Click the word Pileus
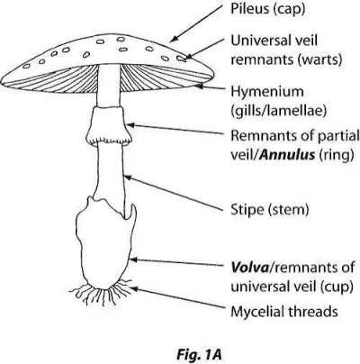click(x=249, y=8)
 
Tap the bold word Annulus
click(x=288, y=155)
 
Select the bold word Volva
click(x=249, y=268)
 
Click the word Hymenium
click(x=267, y=92)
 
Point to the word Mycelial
click(x=256, y=312)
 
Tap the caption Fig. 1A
click(x=199, y=355)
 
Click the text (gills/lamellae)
click(x=278, y=111)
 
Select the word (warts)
click(x=319, y=59)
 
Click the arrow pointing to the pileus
click(x=197, y=23)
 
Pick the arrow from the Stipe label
click(x=174, y=193)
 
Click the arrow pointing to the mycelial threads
click(x=177, y=297)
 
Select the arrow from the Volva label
click(x=177, y=263)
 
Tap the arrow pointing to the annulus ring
click(x=175, y=129)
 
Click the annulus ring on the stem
click(x=109, y=125)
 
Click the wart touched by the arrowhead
click(x=181, y=59)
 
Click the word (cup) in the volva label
click(x=336, y=287)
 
